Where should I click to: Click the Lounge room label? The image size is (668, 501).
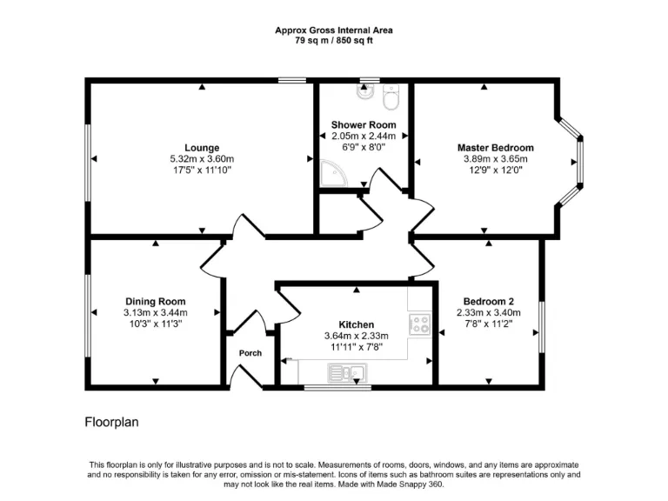click(201, 148)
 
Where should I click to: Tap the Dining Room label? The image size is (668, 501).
click(156, 302)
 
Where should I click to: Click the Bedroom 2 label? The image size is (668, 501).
click(488, 302)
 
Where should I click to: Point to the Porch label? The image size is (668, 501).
click(250, 353)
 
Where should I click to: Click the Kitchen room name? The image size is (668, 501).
click(356, 324)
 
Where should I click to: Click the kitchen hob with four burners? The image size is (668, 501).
click(421, 324)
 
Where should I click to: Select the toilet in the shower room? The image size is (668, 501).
click(391, 98)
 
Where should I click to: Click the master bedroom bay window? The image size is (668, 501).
click(572, 161)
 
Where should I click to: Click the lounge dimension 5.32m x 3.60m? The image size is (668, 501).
click(201, 159)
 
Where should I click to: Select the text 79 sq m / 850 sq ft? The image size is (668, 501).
click(333, 40)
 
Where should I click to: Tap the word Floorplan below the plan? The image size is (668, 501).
click(111, 423)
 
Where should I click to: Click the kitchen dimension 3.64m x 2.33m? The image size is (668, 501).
click(356, 336)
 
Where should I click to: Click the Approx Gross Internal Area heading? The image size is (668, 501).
click(333, 30)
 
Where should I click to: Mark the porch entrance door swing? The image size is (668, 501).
click(245, 376)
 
